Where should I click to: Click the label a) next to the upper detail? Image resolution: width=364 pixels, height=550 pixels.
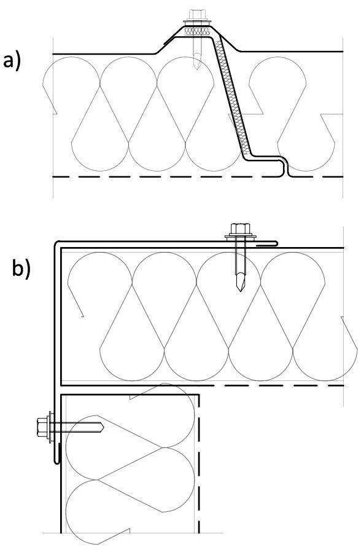pos(12,60)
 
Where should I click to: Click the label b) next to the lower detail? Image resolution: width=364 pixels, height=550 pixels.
pos(21,269)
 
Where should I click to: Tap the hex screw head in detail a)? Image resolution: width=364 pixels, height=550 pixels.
pos(196,15)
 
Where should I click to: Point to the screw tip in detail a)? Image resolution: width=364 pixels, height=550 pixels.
pos(196,66)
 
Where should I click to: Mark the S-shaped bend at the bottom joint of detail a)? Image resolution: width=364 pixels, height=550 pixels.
pos(285,168)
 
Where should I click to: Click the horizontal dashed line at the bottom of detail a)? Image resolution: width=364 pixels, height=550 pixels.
pos(197,177)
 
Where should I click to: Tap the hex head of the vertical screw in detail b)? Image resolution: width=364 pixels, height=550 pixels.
pos(239,229)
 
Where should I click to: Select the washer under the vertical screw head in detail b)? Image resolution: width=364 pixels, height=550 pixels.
pos(240,238)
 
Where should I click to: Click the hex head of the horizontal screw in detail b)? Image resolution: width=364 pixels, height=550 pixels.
pos(43,427)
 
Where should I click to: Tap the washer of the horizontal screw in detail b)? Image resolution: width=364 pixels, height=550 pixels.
pos(52,427)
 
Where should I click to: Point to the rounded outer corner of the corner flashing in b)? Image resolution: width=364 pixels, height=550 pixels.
pos(56,243)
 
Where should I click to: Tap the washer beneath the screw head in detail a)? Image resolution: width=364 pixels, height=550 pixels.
pos(197,23)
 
